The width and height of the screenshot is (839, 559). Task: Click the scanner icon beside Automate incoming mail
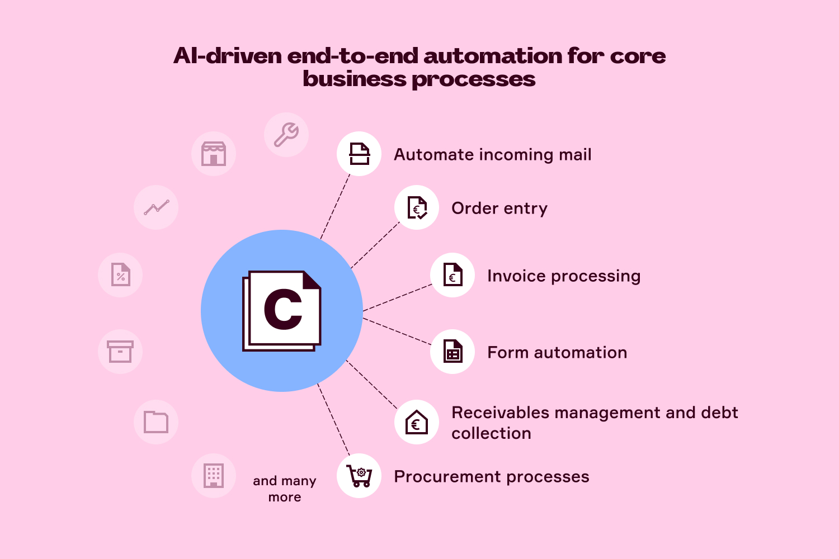pyautogui.click(x=359, y=154)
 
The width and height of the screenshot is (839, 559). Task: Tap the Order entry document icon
pyautogui.click(x=417, y=207)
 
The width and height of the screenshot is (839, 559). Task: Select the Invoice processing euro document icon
pyautogui.click(x=453, y=275)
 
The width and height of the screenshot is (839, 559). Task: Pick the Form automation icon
pyautogui.click(x=453, y=352)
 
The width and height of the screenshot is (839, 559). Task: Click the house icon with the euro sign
pyautogui.click(x=417, y=422)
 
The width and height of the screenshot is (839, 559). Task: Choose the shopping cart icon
pyautogui.click(x=359, y=476)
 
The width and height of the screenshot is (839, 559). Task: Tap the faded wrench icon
pyautogui.click(x=286, y=135)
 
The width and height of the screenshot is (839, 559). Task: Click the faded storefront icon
pyautogui.click(x=214, y=154)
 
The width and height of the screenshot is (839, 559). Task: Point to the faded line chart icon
pyautogui.click(x=156, y=207)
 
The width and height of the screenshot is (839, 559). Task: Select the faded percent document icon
pyautogui.click(x=120, y=275)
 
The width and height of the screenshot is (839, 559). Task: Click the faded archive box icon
pyautogui.click(x=120, y=352)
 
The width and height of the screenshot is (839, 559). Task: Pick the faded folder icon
pyautogui.click(x=156, y=422)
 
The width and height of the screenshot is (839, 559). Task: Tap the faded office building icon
pyautogui.click(x=214, y=476)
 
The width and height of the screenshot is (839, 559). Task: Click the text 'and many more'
pyautogui.click(x=285, y=489)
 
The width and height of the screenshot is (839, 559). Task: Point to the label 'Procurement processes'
pyautogui.click(x=491, y=477)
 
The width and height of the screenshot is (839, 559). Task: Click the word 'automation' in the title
pyautogui.click(x=493, y=56)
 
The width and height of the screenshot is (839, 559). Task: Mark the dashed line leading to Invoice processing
pyautogui.click(x=397, y=297)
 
